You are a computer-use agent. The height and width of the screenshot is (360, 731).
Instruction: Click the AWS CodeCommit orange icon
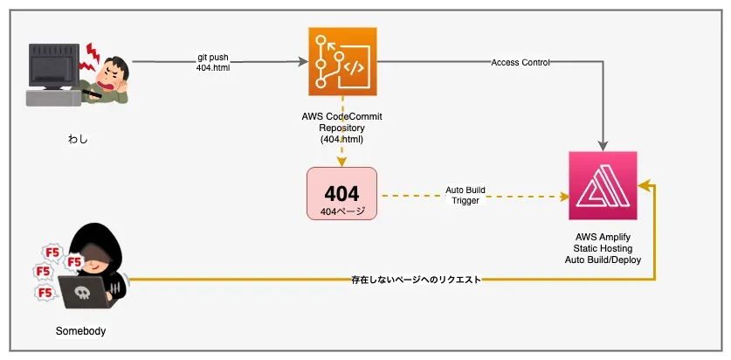[x=342, y=61]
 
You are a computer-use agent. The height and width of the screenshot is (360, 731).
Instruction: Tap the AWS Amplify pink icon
[x=603, y=185]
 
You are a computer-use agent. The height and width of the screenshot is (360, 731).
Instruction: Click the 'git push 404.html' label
[x=214, y=63]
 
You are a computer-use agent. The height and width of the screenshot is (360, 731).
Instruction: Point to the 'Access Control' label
[x=521, y=62]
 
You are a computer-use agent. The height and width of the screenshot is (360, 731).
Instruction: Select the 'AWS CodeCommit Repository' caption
[x=341, y=128]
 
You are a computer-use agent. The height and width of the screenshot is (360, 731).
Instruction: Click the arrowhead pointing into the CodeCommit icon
[x=303, y=62]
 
